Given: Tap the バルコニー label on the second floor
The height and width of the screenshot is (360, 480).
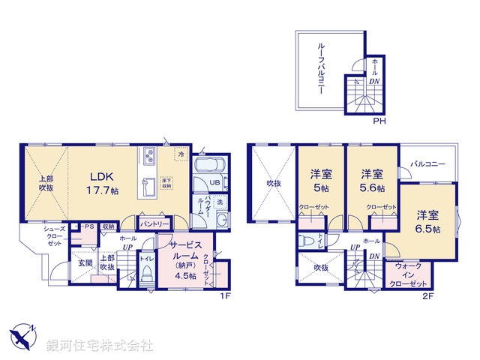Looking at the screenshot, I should point(427,164).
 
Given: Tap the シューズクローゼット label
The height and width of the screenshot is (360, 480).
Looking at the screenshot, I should point(54,235).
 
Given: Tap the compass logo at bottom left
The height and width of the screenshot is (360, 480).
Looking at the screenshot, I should point(23,336).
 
